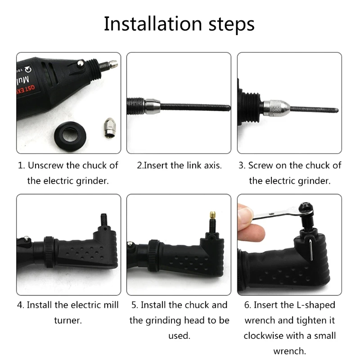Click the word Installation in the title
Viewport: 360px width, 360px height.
click(153, 23)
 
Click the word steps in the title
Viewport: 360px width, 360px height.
click(231, 25)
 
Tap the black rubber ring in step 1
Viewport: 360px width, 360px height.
click(70, 136)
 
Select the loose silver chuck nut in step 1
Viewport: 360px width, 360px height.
click(109, 128)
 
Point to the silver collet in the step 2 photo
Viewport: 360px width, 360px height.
click(152, 106)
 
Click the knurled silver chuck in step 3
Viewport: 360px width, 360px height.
click(276, 108)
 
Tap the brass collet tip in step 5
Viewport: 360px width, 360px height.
click(212, 216)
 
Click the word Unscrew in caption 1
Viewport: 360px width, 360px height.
click(45, 165)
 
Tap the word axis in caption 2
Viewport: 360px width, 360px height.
click(212, 166)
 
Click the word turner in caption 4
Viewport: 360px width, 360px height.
click(68, 320)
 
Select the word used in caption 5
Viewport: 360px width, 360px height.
click(179, 336)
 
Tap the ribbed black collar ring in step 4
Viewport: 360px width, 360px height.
click(49, 252)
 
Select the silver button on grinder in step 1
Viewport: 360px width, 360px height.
click(81, 63)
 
